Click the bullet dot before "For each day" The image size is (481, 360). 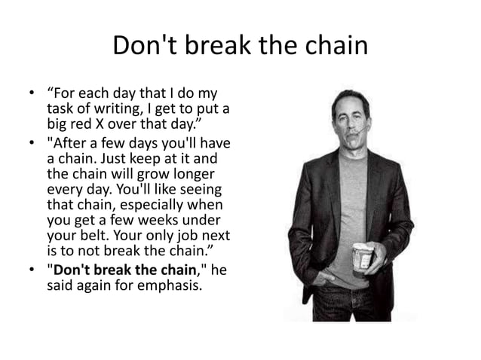click(x=32, y=95)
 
